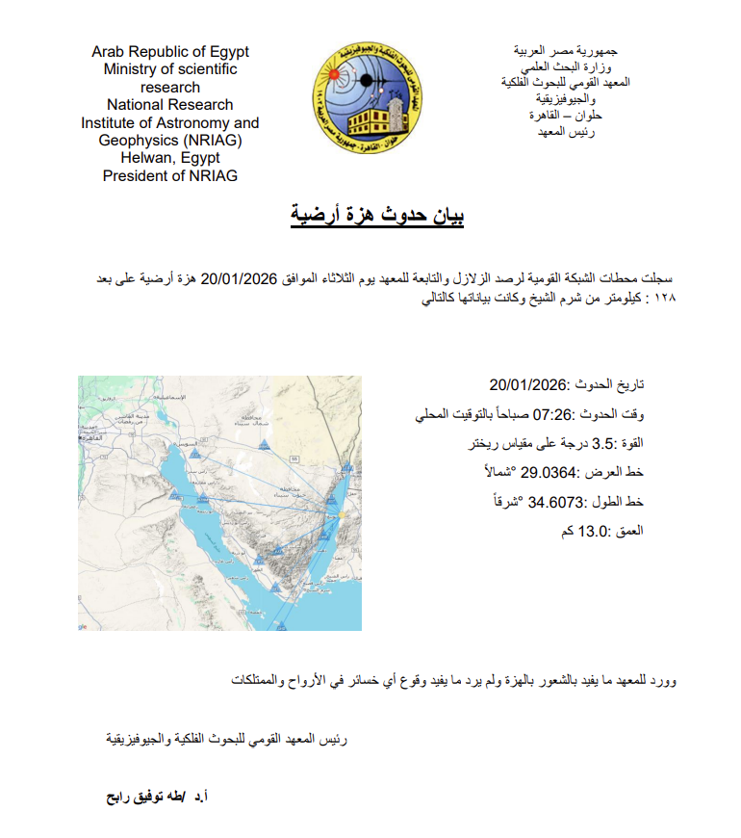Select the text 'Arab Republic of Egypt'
click(170, 51)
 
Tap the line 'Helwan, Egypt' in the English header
click(170, 158)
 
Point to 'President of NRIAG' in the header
click(170, 175)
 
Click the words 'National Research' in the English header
click(170, 104)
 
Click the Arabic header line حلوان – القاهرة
click(562, 116)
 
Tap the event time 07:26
click(553, 415)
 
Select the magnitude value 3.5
click(602, 444)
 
